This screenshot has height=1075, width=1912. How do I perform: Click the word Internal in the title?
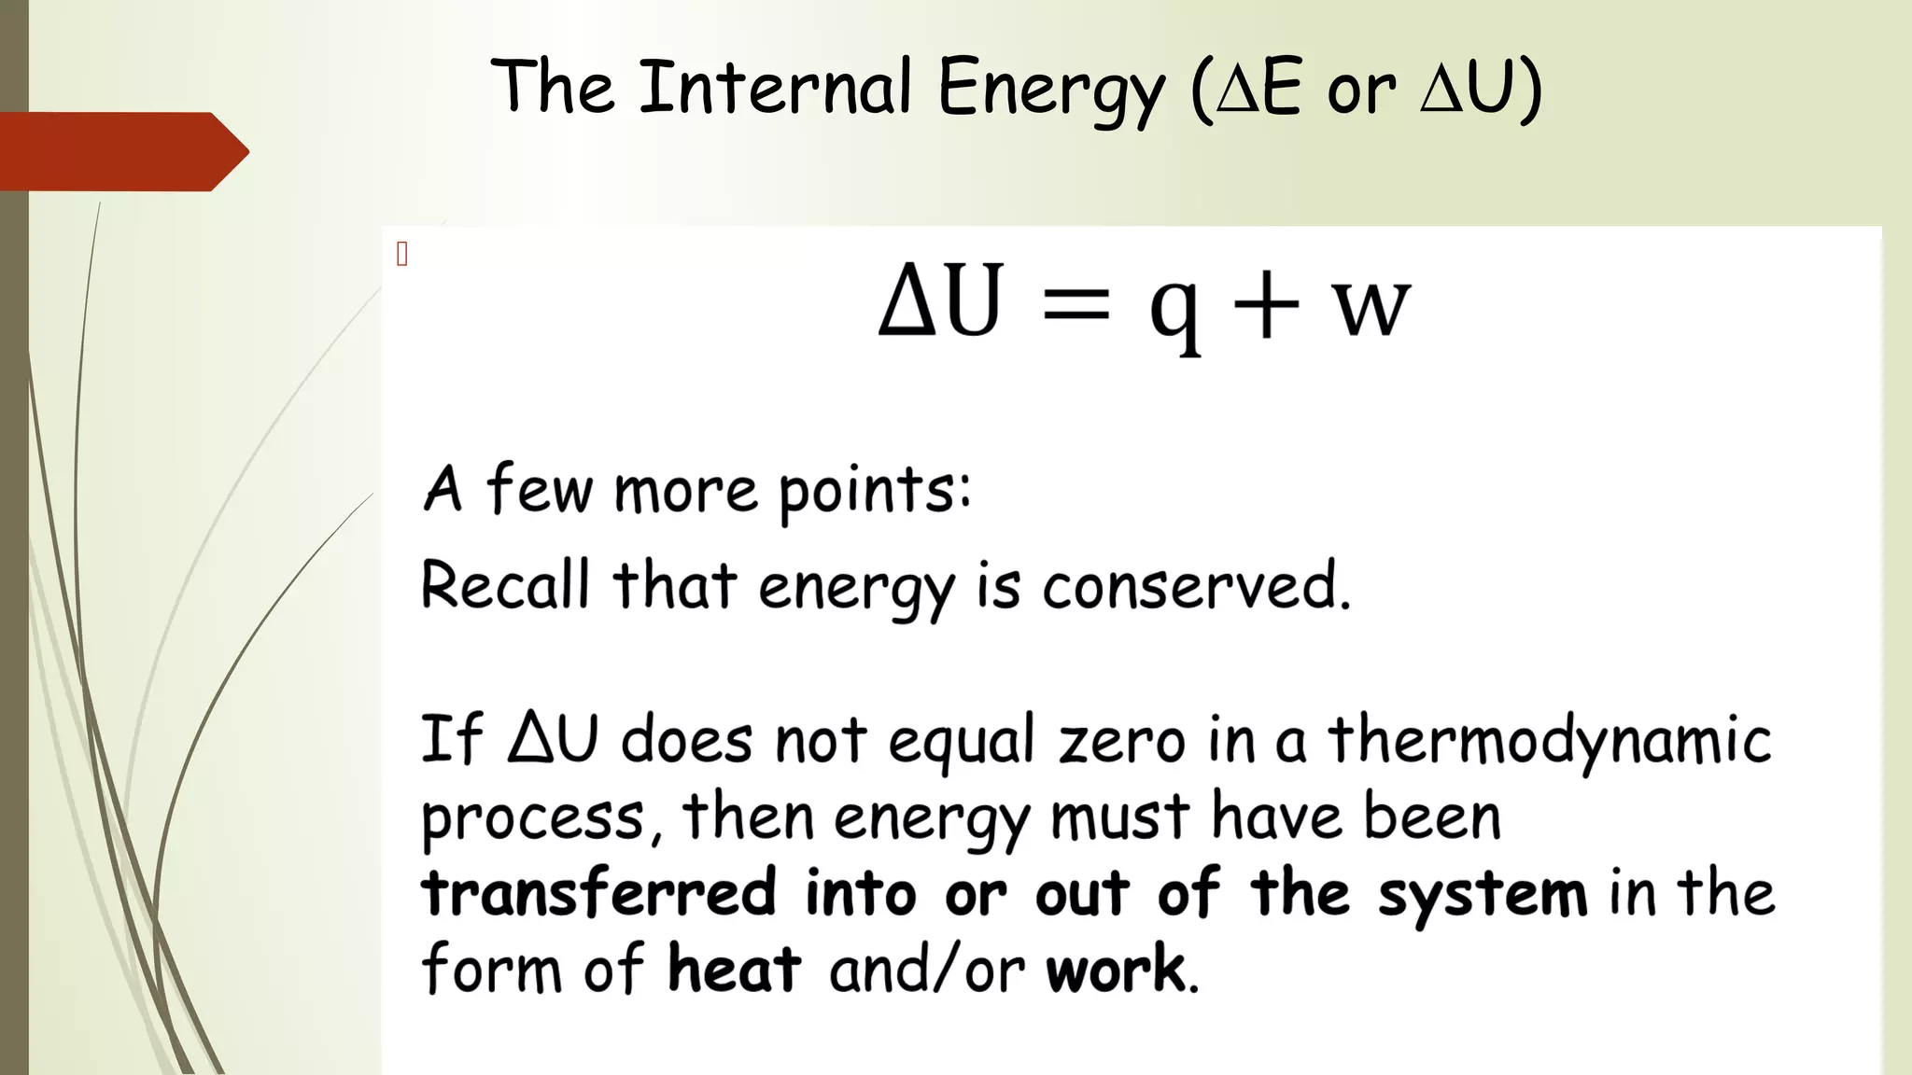point(775,87)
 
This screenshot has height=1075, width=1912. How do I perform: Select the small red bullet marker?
point(402,254)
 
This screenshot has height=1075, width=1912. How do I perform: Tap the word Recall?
point(505,586)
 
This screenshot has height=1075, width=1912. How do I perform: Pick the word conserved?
point(1195,586)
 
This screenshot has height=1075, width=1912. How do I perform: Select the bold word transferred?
point(598,892)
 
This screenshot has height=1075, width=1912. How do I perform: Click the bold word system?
point(1483,894)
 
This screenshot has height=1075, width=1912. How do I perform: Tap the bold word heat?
point(734,969)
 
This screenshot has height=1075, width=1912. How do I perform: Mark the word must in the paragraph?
point(1119,817)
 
